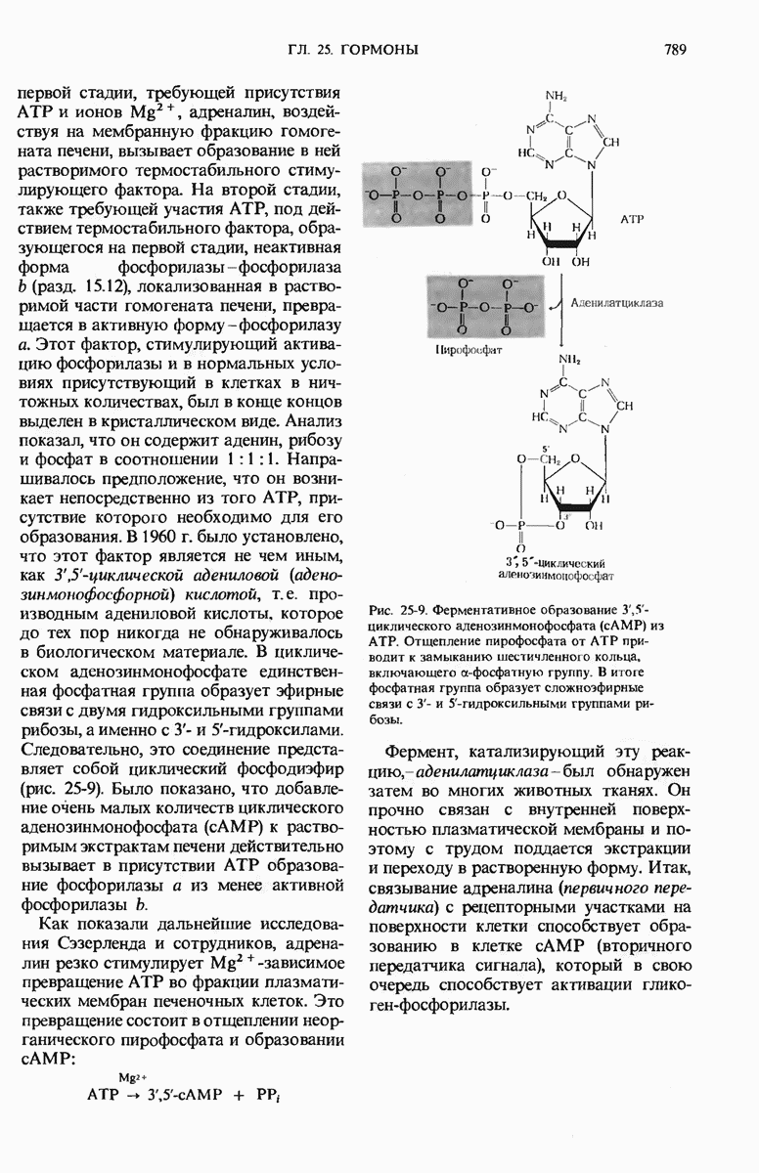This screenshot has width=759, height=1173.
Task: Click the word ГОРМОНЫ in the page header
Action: click(x=385, y=48)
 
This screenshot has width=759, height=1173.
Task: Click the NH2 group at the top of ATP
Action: click(x=556, y=96)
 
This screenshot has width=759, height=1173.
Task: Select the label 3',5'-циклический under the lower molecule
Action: click(x=558, y=563)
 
